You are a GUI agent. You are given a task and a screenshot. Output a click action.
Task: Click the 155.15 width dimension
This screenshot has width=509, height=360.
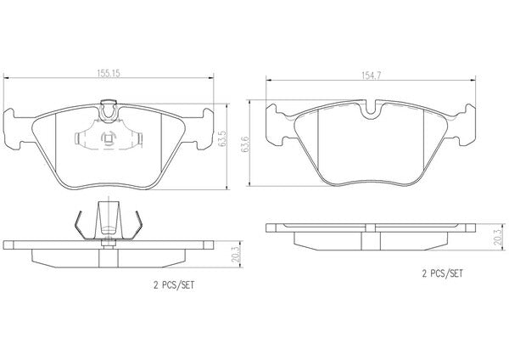pyautogui.click(x=109, y=73)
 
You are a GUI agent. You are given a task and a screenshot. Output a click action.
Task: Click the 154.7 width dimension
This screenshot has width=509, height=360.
pyautogui.click(x=371, y=76)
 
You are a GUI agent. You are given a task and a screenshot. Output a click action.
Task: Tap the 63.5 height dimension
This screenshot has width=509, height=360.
pyautogui.click(x=222, y=138)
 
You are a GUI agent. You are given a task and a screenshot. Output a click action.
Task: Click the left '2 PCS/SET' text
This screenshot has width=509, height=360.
pyautogui.click(x=174, y=285)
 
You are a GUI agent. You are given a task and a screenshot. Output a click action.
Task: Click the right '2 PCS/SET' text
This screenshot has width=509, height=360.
pyautogui.click(x=443, y=273)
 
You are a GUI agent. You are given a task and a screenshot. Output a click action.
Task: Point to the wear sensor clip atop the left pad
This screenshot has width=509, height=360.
pyautogui.click(x=109, y=110)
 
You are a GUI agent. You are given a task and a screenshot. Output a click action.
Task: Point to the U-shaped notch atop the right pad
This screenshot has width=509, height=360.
pyautogui.click(x=372, y=109)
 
